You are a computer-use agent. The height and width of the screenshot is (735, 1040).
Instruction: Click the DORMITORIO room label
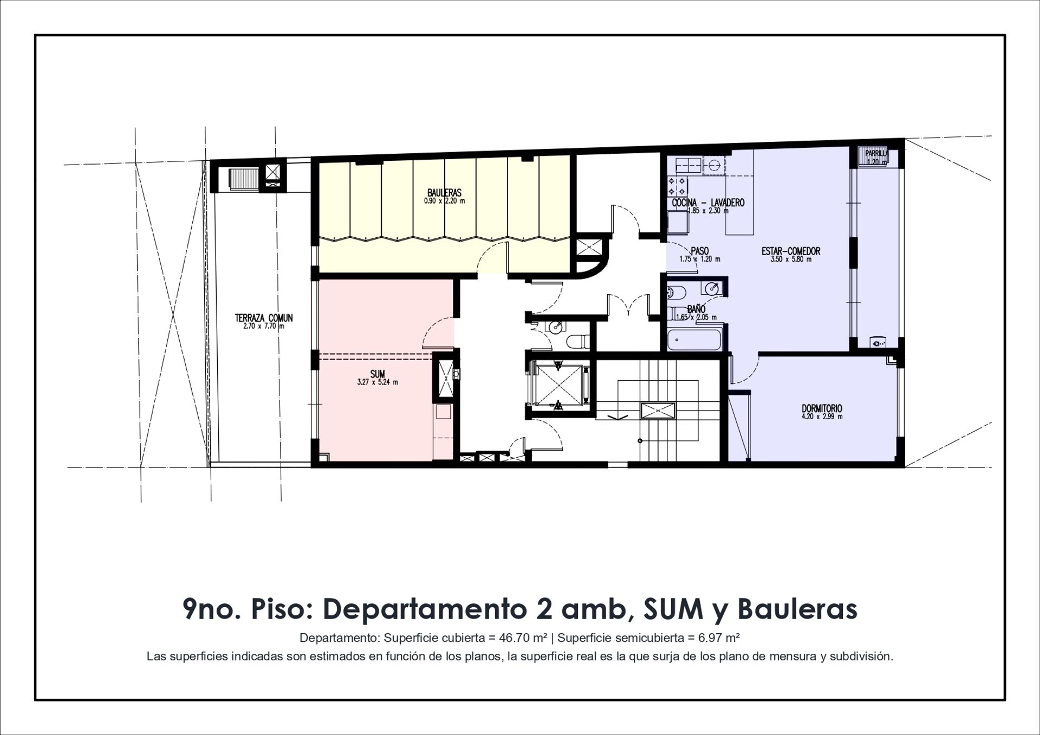coord(822,408)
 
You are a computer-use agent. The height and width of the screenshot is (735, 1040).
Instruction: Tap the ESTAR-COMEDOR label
coord(791,251)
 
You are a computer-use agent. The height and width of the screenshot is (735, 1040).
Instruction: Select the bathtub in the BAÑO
coord(695,340)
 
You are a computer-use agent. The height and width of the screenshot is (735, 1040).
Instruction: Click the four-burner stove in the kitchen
coord(678,187)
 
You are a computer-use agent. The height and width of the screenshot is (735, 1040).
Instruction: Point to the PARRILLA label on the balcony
coord(876,153)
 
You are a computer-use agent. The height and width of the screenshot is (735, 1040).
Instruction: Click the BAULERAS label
coord(444,193)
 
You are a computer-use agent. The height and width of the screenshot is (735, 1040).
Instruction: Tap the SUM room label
coord(378,374)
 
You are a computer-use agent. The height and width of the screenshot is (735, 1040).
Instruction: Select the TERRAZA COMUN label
coord(264,318)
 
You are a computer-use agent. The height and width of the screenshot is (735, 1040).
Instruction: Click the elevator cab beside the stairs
coord(558,385)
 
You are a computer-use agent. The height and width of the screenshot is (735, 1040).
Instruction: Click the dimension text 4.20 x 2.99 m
coord(822,417)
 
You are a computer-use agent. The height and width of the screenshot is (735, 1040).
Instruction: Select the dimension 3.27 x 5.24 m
coord(378,382)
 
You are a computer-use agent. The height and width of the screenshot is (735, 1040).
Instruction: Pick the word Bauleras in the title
coord(797,609)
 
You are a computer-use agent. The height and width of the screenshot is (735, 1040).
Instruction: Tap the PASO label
coord(700,251)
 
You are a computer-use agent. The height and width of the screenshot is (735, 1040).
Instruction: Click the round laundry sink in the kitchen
coord(713,165)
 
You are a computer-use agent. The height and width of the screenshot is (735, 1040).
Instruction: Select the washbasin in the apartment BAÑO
coord(713,289)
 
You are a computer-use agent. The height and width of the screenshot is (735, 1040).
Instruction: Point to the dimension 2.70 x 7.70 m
coord(264,326)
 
